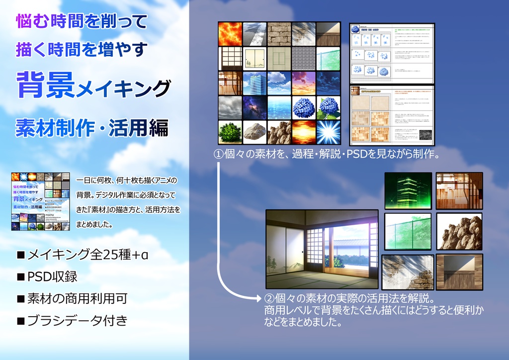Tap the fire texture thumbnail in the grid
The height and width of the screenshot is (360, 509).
tap(230, 34)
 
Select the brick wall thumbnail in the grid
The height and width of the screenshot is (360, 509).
tap(279, 34)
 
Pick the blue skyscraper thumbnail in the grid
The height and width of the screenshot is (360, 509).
tap(254, 83)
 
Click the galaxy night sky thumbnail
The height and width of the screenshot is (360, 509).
tap(254, 107)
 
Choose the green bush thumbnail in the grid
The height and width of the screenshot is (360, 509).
tap(230, 132)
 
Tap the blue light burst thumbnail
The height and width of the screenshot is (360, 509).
tap(328, 132)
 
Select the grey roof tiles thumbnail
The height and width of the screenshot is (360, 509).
tap(304, 58)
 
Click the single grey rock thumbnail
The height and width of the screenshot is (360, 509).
tap(254, 132)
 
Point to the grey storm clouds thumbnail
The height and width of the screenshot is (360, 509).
tap(230, 107)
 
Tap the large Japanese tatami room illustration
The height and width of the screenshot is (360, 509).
tap(323, 249)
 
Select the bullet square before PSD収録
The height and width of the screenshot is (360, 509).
tap(21, 277)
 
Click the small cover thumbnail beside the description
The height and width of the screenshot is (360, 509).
tap(41, 201)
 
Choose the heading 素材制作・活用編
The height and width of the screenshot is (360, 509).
tap(92, 128)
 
